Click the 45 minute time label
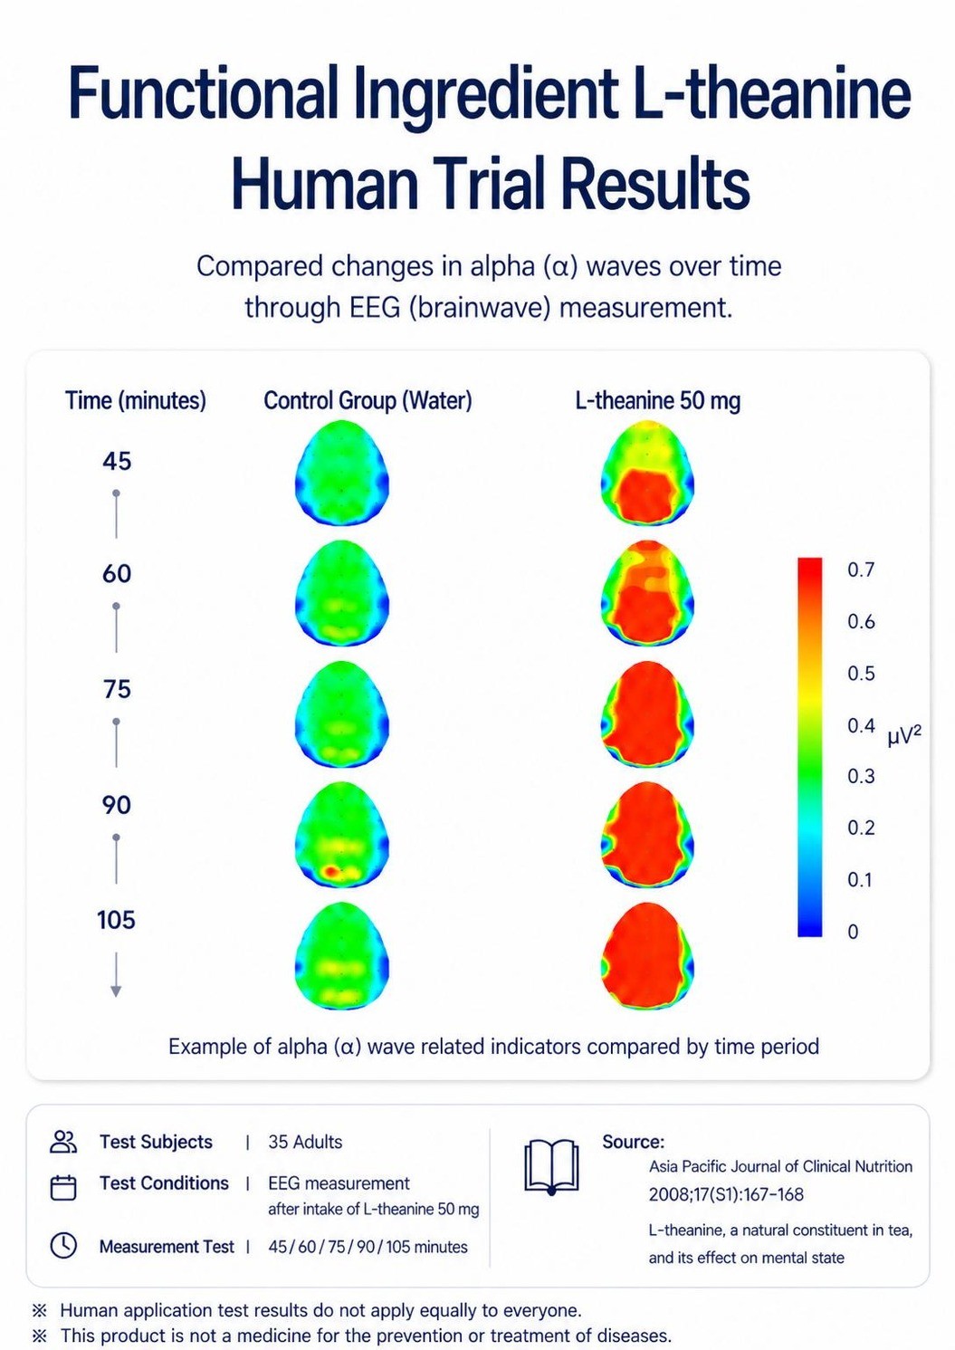[117, 462]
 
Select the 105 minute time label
[116, 920]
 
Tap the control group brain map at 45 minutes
[342, 472]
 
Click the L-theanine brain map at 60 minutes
[648, 594]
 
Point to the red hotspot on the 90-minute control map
[329, 871]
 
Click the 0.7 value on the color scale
[861, 570]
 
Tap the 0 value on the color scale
[854, 932]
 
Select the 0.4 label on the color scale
[861, 725]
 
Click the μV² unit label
[905, 736]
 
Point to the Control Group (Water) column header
[368, 401]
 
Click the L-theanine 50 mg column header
[658, 401]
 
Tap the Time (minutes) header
[136, 401]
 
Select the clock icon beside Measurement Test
[63, 1246]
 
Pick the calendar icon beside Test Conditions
[63, 1187]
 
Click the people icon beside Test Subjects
[63, 1142]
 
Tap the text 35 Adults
[305, 1142]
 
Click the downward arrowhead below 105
[116, 991]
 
